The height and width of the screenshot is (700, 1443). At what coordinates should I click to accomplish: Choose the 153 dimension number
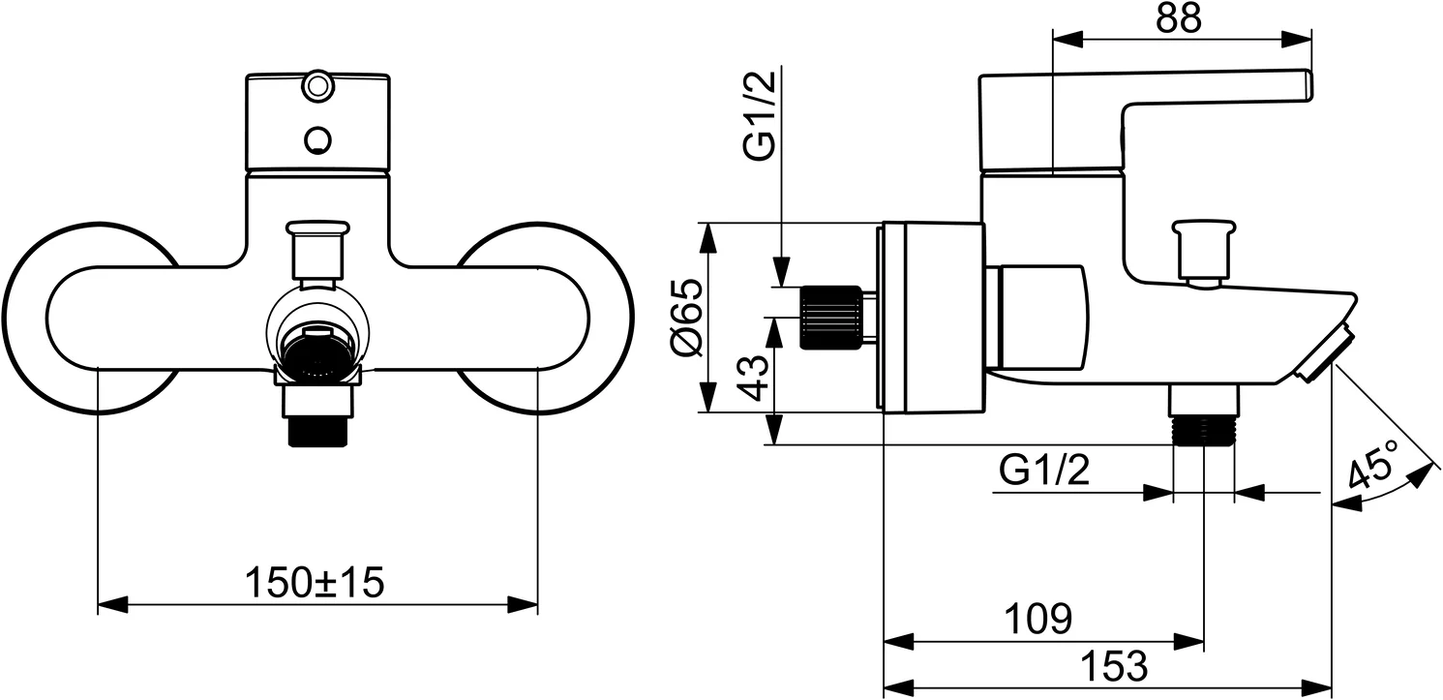(x=1113, y=665)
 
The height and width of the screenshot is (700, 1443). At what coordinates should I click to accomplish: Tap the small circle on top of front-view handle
(x=316, y=86)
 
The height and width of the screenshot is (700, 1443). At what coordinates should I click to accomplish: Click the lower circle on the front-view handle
(x=316, y=140)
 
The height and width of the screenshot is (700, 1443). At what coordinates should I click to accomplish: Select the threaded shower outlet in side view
(x=1203, y=430)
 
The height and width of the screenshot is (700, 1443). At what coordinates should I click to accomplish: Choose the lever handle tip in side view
(x=1303, y=84)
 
